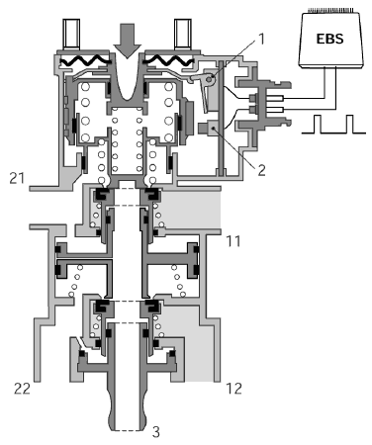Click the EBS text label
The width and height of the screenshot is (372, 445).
pyautogui.click(x=329, y=39)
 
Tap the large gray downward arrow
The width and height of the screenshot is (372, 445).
pyautogui.click(x=127, y=41)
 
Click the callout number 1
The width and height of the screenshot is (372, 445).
pyautogui.click(x=261, y=39)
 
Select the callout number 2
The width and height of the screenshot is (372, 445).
pyautogui.click(x=261, y=170)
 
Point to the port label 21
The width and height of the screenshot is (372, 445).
pyautogui.click(x=17, y=178)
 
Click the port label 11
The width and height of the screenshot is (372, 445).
pyautogui.click(x=233, y=241)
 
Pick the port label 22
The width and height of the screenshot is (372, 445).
pyautogui.click(x=22, y=389)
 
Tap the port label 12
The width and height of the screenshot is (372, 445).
pyautogui.click(x=234, y=389)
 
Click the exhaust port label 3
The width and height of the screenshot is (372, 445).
pyautogui.click(x=156, y=431)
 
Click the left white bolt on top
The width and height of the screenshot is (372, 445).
pyautogui.click(x=72, y=34)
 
